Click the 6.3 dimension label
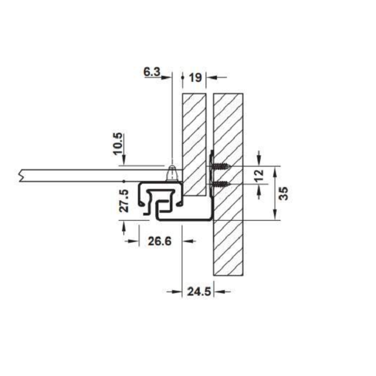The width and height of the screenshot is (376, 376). [x=152, y=71]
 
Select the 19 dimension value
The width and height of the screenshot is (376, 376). [x=195, y=78]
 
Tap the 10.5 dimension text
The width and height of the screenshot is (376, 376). [x=118, y=143]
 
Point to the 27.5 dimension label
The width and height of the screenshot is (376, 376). [x=124, y=200]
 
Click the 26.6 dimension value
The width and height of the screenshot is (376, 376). [x=160, y=241]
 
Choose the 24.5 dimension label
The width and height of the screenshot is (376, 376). [x=199, y=292]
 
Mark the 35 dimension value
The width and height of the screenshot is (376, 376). [x=284, y=193]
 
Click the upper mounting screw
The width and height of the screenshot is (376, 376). [x=221, y=166]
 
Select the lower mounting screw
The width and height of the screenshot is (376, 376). [x=221, y=184]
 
